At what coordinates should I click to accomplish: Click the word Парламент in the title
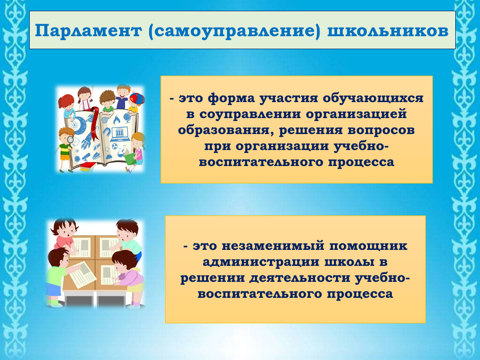point(88,31)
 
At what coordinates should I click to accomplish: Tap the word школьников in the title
point(388,31)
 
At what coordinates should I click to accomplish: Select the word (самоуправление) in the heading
point(234,32)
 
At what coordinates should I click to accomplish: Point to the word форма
point(231,99)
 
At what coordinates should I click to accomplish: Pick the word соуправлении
point(250,114)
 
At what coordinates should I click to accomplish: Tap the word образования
point(226,130)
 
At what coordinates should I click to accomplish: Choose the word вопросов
point(381,130)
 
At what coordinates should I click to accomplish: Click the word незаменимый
point(273,246)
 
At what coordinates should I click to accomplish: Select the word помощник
point(368,246)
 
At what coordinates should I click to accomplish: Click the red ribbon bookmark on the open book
point(94,124)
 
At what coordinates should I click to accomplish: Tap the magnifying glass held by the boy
point(71,140)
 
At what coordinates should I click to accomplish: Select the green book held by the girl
point(130,158)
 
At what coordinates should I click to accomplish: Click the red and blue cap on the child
point(137,99)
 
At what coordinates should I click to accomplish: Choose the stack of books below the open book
point(88,166)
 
